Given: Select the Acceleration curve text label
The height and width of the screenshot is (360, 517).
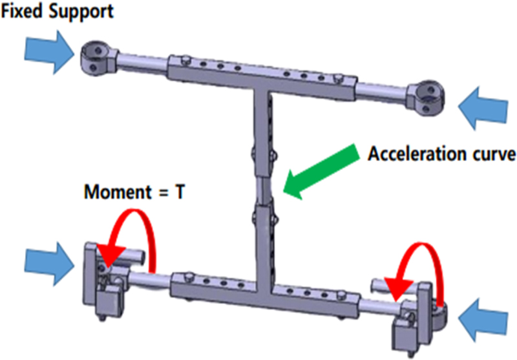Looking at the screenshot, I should (x=441, y=154).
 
